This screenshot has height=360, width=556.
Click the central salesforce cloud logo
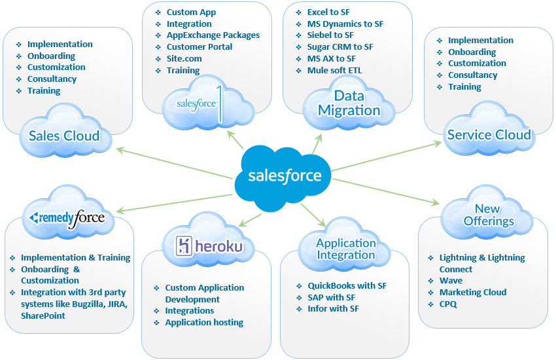coord(285,175)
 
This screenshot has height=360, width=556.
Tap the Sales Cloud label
coord(64,136)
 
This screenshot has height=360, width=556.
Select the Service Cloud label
coord(489,135)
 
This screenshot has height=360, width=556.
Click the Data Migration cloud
coord(349,103)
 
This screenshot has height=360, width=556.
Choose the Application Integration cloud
coord(346,249)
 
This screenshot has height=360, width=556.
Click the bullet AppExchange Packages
coord(213,35)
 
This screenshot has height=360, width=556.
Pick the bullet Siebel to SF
coord(330,35)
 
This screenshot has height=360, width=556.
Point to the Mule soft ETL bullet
coord(334,70)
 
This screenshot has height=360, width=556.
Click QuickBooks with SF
coord(347,286)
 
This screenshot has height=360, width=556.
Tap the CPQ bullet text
coord(448,304)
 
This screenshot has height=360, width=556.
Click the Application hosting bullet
coord(204,323)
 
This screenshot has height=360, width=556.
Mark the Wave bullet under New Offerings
coord(451,281)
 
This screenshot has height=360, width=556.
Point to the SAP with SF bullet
coord(332,297)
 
